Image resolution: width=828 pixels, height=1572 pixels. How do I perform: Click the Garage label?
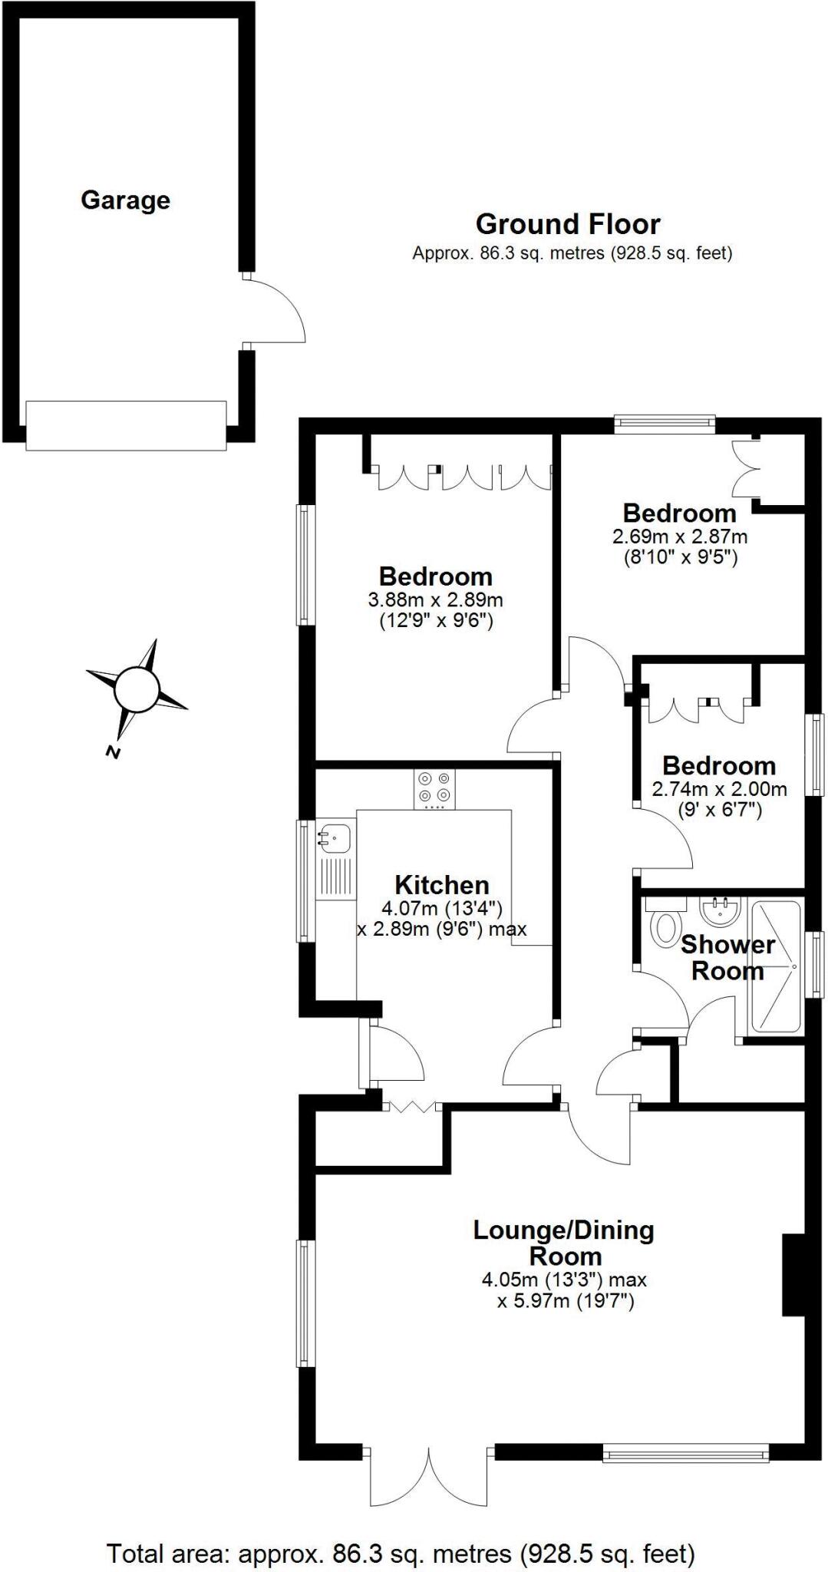click(x=125, y=200)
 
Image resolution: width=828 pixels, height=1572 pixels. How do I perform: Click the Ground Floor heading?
click(x=567, y=224)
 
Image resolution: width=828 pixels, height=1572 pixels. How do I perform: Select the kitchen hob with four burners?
click(x=434, y=788)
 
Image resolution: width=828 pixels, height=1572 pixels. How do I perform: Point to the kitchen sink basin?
click(x=335, y=835)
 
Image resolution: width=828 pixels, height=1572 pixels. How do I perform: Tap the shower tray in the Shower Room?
click(x=776, y=966)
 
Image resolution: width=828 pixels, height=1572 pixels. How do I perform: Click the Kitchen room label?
click(x=441, y=884)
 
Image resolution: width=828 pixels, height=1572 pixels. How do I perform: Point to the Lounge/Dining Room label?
click(x=563, y=1243)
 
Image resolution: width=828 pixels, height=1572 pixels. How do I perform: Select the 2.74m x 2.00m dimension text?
click(x=719, y=788)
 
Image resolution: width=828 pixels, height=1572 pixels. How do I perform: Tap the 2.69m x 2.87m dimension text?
click(x=680, y=536)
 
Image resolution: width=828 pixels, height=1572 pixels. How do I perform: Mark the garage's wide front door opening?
click(x=127, y=424)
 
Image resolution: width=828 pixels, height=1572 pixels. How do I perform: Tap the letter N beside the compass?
click(x=113, y=752)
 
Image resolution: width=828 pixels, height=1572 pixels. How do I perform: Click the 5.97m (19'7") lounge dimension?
click(x=566, y=1301)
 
